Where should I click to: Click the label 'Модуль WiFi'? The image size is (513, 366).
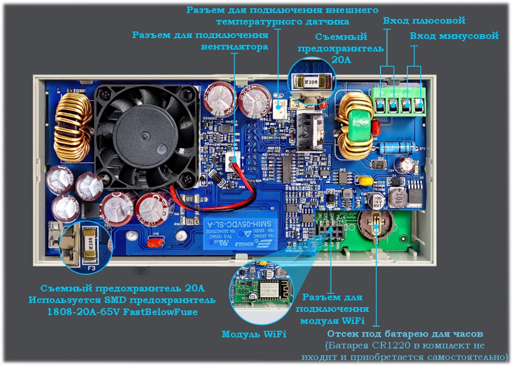pos(254,334)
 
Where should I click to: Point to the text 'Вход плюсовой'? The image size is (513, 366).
pos(424,21)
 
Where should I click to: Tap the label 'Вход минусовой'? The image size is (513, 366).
pos(454,36)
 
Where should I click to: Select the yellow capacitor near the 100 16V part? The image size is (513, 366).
pos(365,181)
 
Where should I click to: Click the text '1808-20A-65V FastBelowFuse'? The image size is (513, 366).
pos(122,312)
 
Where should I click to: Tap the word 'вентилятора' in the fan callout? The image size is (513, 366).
pos(235,47)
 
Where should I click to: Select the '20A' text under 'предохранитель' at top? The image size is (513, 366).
pos(341,60)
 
